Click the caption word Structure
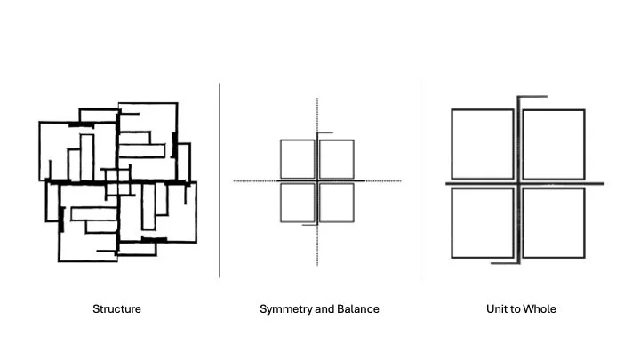[116, 309]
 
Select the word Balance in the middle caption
[356, 309]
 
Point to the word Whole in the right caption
[539, 309]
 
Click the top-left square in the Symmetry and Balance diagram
[297, 158]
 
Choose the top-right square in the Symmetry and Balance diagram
[337, 158]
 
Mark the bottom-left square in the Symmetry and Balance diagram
[297, 203]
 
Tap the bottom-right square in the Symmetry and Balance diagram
[337, 203]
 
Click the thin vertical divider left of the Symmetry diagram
[220, 178]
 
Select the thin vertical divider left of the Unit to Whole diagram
[420, 178]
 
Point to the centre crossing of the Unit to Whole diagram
[518, 183]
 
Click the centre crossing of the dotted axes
[317, 181]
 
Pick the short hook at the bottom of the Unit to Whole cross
[504, 262]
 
